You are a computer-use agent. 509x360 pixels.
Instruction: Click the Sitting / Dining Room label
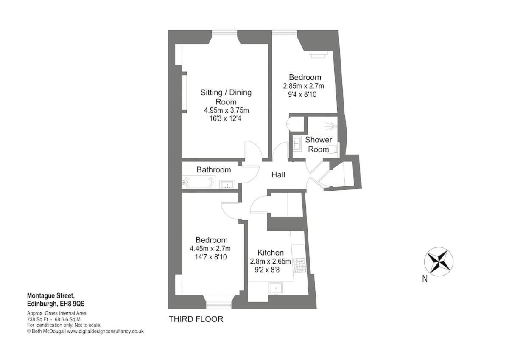[226, 97]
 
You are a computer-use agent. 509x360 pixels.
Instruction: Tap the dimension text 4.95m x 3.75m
[227, 110]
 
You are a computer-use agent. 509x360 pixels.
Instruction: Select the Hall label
[278, 174]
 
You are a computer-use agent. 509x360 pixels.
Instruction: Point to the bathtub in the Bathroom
[199, 182]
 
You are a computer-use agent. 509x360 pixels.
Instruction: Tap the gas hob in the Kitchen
[300, 265]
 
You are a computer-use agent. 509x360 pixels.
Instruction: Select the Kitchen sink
[276, 288]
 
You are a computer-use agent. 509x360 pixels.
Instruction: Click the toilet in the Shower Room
[333, 149]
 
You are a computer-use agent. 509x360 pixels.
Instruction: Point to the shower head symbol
[330, 126]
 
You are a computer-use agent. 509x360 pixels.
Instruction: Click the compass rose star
[439, 262]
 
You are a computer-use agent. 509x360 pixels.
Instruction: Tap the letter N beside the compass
[425, 279]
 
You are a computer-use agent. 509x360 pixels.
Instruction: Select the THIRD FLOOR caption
[196, 319]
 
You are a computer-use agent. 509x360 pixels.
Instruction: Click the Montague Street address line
[50, 295]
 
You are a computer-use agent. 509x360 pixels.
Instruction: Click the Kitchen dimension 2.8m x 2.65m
[271, 262]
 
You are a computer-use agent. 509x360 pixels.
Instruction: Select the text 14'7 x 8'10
[211, 257]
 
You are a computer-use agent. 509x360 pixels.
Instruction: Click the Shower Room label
[318, 144]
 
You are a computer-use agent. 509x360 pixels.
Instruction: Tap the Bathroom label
[214, 170]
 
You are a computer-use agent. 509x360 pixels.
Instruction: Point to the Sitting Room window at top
[224, 34]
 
